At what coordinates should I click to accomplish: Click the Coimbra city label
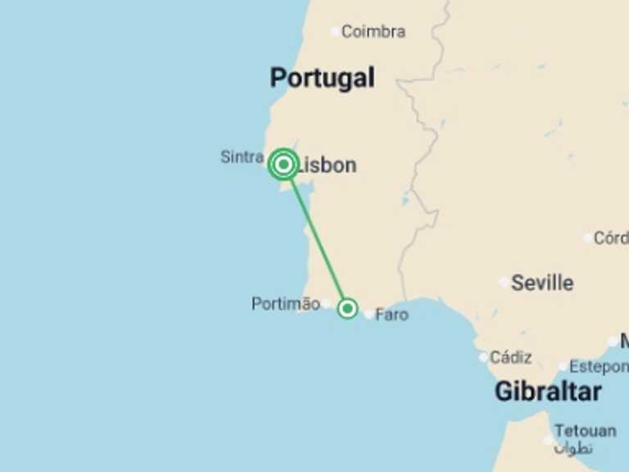373,32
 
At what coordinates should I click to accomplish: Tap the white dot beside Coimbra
335,32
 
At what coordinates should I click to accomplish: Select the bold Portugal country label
322,78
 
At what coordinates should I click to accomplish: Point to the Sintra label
242,157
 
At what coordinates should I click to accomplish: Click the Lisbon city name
328,166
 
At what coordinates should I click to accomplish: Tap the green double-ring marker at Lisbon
283,165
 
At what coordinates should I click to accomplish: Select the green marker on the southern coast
347,308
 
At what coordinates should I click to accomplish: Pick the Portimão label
285,304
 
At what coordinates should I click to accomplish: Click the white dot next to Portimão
326,304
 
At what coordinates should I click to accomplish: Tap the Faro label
391,315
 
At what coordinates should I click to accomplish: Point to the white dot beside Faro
369,314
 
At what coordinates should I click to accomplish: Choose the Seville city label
542,284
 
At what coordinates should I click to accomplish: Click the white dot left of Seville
504,282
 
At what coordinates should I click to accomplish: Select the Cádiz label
510,357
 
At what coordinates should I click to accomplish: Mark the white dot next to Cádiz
483,357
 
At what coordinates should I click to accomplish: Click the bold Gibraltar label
548,392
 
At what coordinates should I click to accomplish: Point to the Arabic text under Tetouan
572,448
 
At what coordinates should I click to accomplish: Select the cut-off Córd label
610,238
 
